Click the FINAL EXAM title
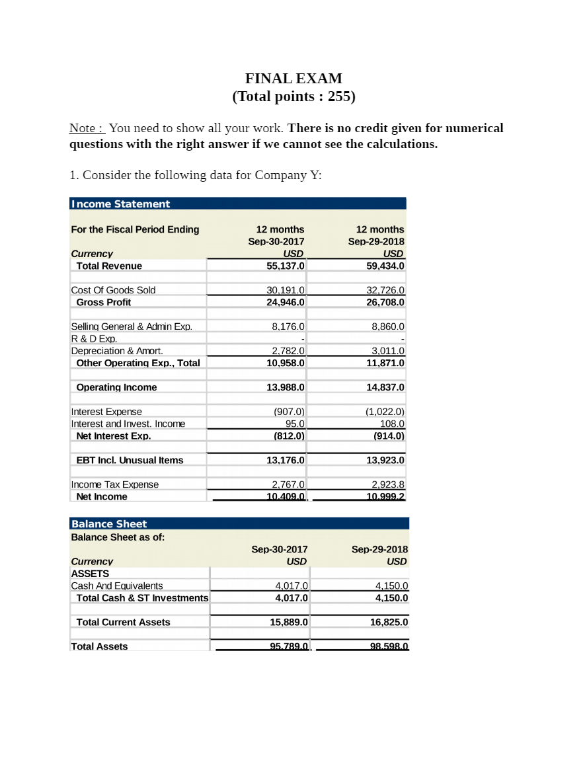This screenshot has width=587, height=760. (x=293, y=79)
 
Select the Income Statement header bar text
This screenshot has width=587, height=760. (x=120, y=204)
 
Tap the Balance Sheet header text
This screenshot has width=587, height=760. (x=109, y=524)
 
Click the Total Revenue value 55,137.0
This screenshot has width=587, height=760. (x=286, y=266)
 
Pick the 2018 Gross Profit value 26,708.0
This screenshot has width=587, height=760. (x=385, y=302)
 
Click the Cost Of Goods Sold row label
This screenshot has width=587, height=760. (x=113, y=290)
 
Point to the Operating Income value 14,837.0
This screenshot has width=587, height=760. (x=385, y=387)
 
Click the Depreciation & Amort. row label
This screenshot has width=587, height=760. (x=117, y=351)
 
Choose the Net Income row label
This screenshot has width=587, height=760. (x=102, y=497)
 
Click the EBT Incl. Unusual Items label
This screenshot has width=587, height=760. (x=130, y=460)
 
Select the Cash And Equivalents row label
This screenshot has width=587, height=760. (x=117, y=586)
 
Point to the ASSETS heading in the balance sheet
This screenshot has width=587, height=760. (x=90, y=574)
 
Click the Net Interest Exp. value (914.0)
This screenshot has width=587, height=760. (x=389, y=436)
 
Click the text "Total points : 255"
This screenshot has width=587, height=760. (x=293, y=96)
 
